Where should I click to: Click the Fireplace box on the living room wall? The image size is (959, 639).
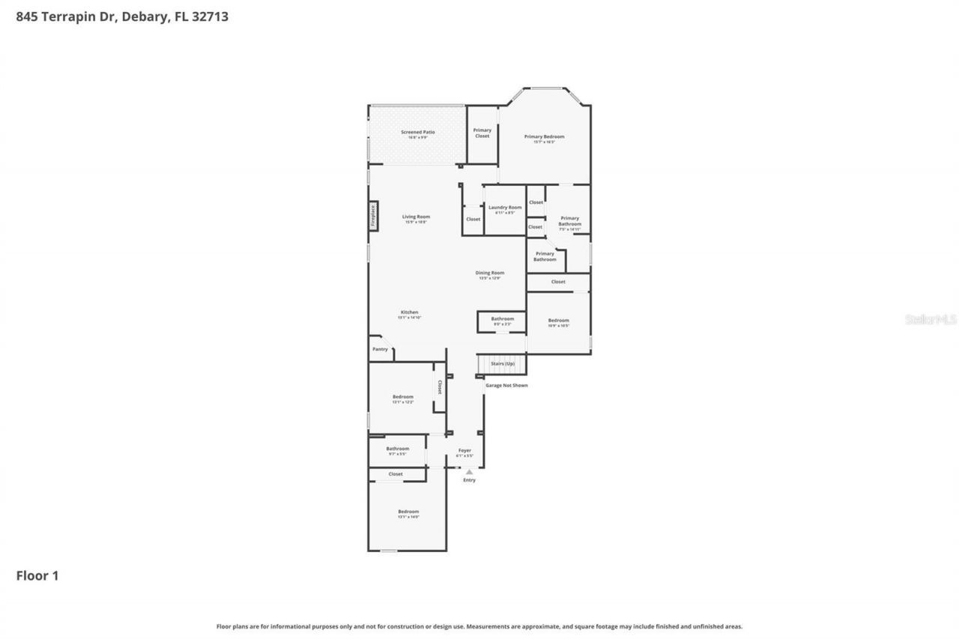[x=372, y=216]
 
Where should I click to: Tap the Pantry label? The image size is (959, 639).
[x=380, y=349]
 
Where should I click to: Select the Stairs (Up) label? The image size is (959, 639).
[x=503, y=363]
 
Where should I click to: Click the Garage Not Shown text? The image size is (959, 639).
[x=506, y=385]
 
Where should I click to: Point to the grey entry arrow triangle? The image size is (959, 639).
[x=469, y=472]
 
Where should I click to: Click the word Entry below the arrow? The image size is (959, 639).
[x=469, y=480]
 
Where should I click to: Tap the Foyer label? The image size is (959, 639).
[x=465, y=450]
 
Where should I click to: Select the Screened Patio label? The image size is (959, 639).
[x=417, y=132]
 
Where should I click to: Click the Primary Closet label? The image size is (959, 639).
[x=482, y=133]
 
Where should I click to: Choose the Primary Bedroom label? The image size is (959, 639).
[x=544, y=136]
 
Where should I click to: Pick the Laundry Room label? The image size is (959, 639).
[x=504, y=208]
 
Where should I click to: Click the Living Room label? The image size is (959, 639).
[x=416, y=216]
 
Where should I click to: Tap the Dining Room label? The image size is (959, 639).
[x=489, y=273]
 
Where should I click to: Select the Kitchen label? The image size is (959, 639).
[x=409, y=312]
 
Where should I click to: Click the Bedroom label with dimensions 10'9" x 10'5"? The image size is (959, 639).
[x=558, y=321]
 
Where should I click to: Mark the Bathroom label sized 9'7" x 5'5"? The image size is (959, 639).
[x=397, y=449]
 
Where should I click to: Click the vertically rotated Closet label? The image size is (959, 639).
[x=440, y=387]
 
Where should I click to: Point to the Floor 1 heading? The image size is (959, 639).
[x=37, y=575]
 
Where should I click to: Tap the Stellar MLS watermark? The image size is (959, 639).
[x=931, y=319]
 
